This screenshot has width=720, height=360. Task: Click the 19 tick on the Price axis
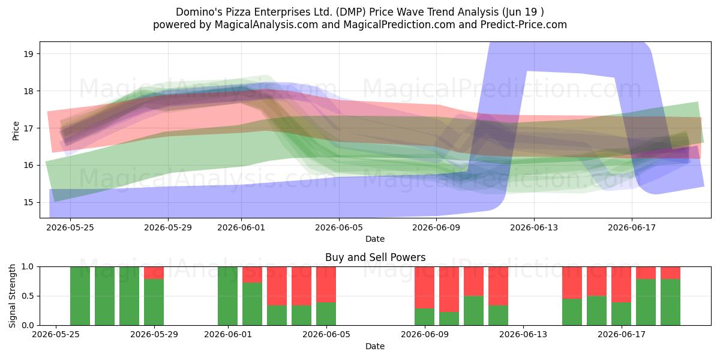tap(29, 53)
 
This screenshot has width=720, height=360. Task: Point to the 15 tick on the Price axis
tap(29, 203)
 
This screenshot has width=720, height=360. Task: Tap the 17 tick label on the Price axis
tap(29, 128)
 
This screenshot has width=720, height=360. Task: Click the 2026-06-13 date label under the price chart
tap(534, 227)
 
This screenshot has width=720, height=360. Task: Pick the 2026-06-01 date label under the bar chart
tap(228, 335)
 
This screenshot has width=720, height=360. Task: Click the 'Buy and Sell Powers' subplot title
tap(375, 257)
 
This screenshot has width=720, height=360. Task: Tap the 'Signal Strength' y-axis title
tap(12, 296)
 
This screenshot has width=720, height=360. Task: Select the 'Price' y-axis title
tap(16, 131)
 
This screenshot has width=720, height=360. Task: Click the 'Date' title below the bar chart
tap(375, 346)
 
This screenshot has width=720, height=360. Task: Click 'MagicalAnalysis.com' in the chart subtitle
tap(266, 25)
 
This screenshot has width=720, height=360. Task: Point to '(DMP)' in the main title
tap(351, 12)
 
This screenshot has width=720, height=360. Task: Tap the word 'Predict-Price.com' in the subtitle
tap(524, 25)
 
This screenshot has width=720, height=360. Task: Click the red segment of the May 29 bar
tap(154, 273)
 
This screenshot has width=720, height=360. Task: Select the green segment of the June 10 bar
tap(449, 319)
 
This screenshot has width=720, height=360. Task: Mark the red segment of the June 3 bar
tap(277, 286)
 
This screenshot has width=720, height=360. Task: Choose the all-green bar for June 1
tap(227, 296)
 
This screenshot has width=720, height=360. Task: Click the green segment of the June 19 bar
tap(670, 302)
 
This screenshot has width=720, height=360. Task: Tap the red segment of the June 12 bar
tap(498, 286)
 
